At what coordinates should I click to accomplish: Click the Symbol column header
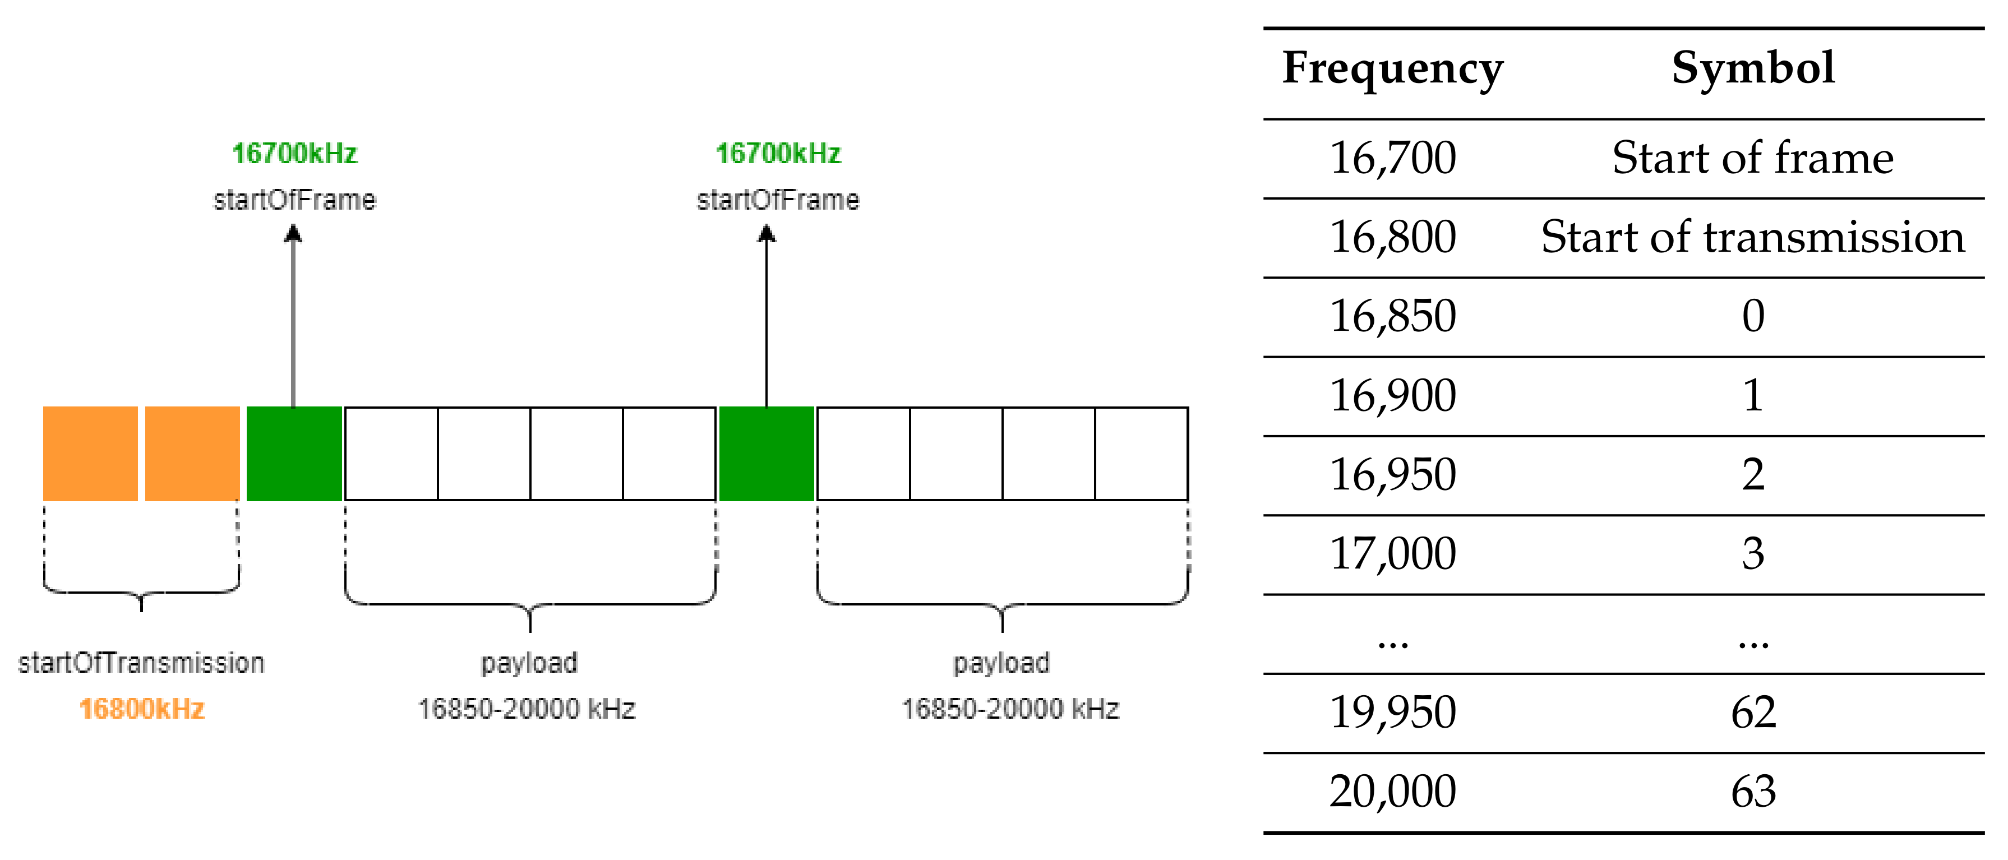pos(1753,68)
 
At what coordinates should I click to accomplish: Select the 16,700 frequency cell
pos(1392,158)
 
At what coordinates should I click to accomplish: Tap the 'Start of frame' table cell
pos(1753,158)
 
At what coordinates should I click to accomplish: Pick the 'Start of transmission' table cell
pos(1753,237)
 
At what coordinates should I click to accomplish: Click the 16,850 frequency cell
pos(1392,317)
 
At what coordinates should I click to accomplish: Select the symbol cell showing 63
pos(1753,792)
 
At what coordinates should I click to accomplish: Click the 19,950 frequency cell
pos(1392,713)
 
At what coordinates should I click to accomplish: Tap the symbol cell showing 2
pos(1753,475)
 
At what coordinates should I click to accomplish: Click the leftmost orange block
pos(90,453)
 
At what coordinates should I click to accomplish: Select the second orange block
pos(192,453)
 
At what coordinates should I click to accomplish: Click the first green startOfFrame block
pos(294,453)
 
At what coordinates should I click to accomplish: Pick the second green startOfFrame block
pos(767,453)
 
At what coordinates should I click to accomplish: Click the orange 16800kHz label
pos(142,709)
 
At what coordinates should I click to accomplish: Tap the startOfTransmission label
pos(141,663)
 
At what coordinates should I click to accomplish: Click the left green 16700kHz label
pos(294,154)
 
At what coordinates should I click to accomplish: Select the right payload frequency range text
pos(1010,709)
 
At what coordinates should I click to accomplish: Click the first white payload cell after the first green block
pos(391,453)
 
